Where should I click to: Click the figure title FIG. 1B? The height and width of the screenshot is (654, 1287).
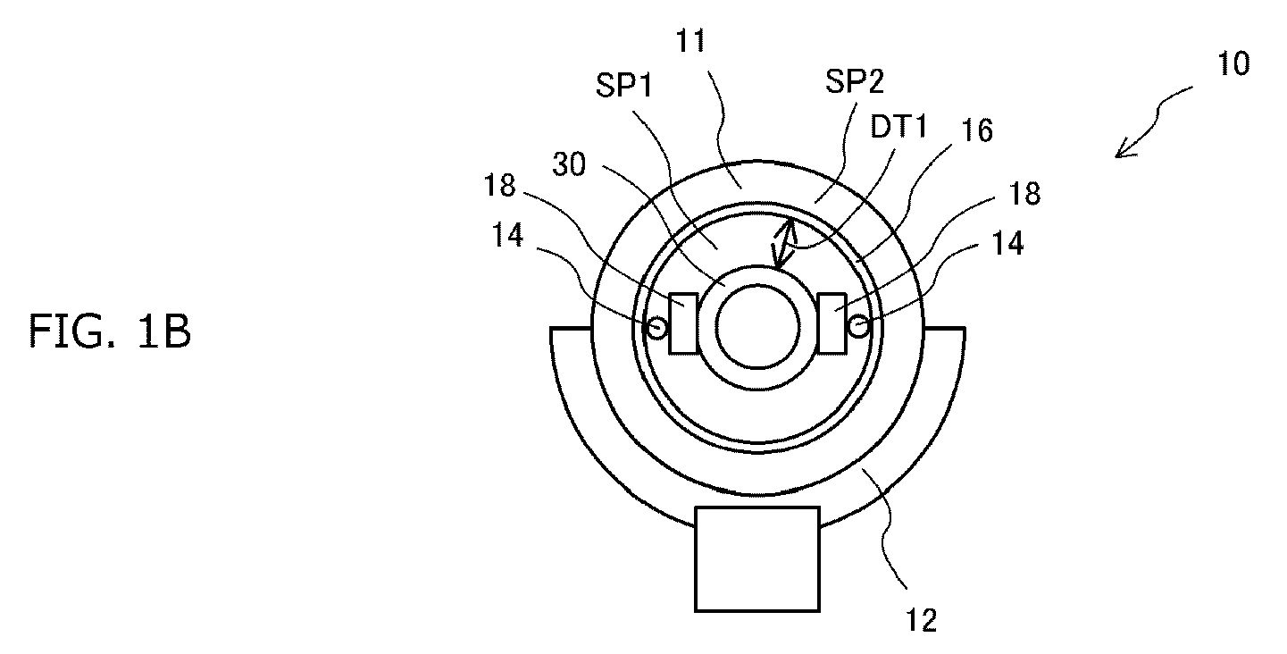pos(110,331)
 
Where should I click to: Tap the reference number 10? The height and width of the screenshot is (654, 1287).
pos(1233,63)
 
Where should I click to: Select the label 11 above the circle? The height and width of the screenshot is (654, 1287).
pos(690,41)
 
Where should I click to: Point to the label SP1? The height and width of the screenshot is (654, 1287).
pos(624,86)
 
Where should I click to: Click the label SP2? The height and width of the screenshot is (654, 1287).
pos(855,81)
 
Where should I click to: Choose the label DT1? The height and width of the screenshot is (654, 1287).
pos(898,127)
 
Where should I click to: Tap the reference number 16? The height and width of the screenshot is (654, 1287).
pos(977,130)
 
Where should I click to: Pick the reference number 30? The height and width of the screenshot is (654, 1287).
pos(569,164)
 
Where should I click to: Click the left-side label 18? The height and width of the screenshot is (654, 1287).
pos(499,186)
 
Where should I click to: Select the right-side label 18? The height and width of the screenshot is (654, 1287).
pos(1024,194)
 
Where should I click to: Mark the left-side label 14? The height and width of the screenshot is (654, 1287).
pos(507,235)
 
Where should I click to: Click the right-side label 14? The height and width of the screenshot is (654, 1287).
pos(1007,244)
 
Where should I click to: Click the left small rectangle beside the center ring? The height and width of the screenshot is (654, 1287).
pos(683,323)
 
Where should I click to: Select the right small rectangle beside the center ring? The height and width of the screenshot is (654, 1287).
pos(832,323)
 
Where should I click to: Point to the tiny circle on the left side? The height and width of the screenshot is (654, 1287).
pos(656,328)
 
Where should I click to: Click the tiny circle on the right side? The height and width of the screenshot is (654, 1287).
pos(858,327)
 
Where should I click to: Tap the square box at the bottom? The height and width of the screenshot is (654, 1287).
pos(757,559)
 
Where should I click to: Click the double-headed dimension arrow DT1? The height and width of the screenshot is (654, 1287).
pos(783,245)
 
